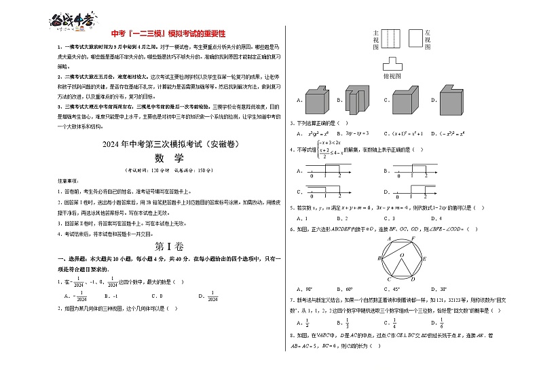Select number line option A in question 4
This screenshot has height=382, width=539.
pos(325,171)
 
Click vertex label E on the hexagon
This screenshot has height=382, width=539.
pos(424,259)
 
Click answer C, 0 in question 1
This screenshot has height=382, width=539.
pos(155,296)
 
